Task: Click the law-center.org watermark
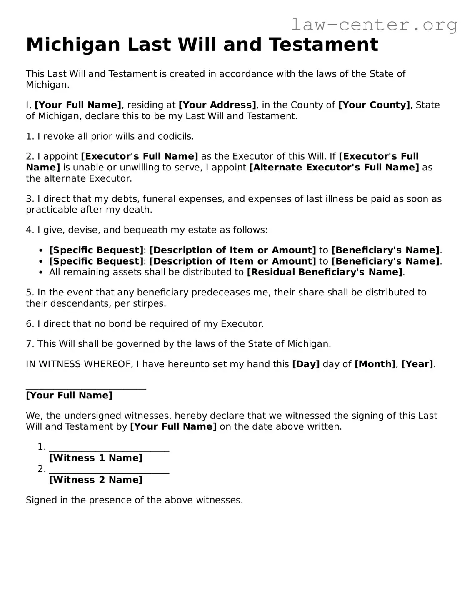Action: pos(374,25)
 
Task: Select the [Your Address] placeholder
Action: pos(217,105)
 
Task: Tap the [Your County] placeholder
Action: pos(374,105)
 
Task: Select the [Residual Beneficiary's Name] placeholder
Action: pos(325,272)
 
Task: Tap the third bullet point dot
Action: pos(41,273)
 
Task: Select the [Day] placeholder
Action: pos(306,364)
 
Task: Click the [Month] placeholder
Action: pos(375,364)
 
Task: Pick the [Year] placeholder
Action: pos(417,364)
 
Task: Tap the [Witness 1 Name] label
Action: pos(96,458)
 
